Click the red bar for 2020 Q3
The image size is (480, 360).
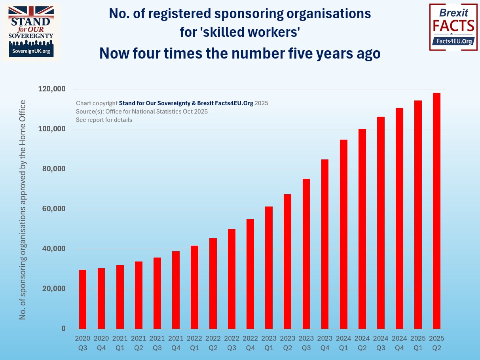[x=83, y=299]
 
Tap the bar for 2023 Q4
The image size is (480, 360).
[x=325, y=244]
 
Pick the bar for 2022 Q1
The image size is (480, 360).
[x=194, y=287]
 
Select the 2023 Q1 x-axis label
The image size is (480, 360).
[x=269, y=343]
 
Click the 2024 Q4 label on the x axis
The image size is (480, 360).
[x=399, y=343]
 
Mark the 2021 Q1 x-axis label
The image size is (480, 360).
[x=120, y=343]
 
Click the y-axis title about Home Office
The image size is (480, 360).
[x=23, y=210]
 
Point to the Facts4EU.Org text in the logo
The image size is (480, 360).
[x=453, y=41]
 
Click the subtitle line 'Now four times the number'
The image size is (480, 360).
[x=240, y=53]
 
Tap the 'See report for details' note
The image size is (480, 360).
[x=104, y=120]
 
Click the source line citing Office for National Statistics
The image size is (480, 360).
[x=142, y=112]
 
